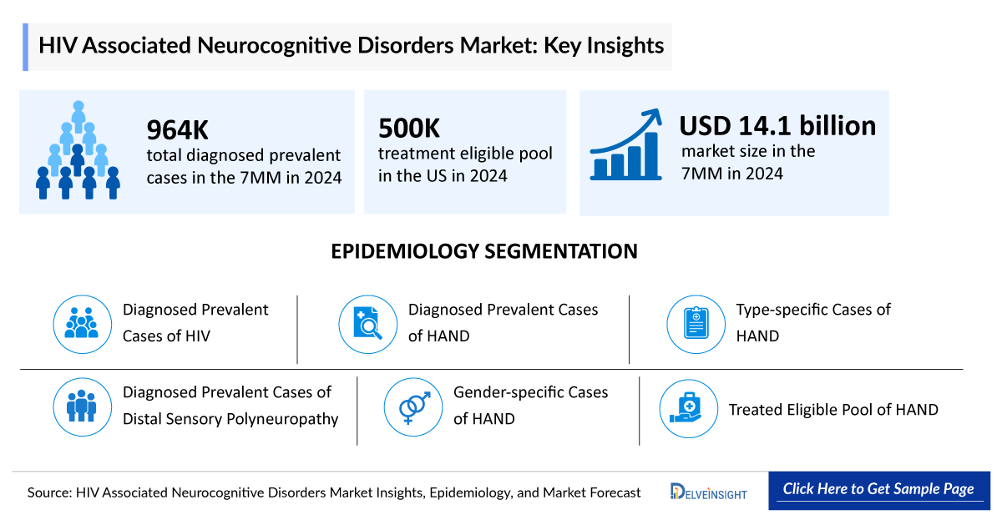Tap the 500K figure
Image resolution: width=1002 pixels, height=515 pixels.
coord(409,129)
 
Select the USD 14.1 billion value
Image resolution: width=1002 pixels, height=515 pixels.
coord(777,125)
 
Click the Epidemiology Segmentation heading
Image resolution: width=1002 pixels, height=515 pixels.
coord(484,251)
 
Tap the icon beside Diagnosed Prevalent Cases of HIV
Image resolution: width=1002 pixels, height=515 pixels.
coord(81,323)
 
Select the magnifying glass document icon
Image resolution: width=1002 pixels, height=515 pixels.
coord(367,323)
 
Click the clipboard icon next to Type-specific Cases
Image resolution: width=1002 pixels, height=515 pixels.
coord(695,323)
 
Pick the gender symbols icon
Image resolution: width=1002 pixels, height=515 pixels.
coord(412,406)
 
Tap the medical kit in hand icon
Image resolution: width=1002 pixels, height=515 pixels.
coord(687,407)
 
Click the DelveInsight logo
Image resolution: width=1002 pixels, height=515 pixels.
coord(708,492)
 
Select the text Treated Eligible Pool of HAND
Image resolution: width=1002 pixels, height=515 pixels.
coord(833,410)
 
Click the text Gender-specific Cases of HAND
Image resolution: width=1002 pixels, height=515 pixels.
coord(530,405)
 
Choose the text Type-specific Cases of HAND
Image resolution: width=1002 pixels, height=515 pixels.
coord(812,322)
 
